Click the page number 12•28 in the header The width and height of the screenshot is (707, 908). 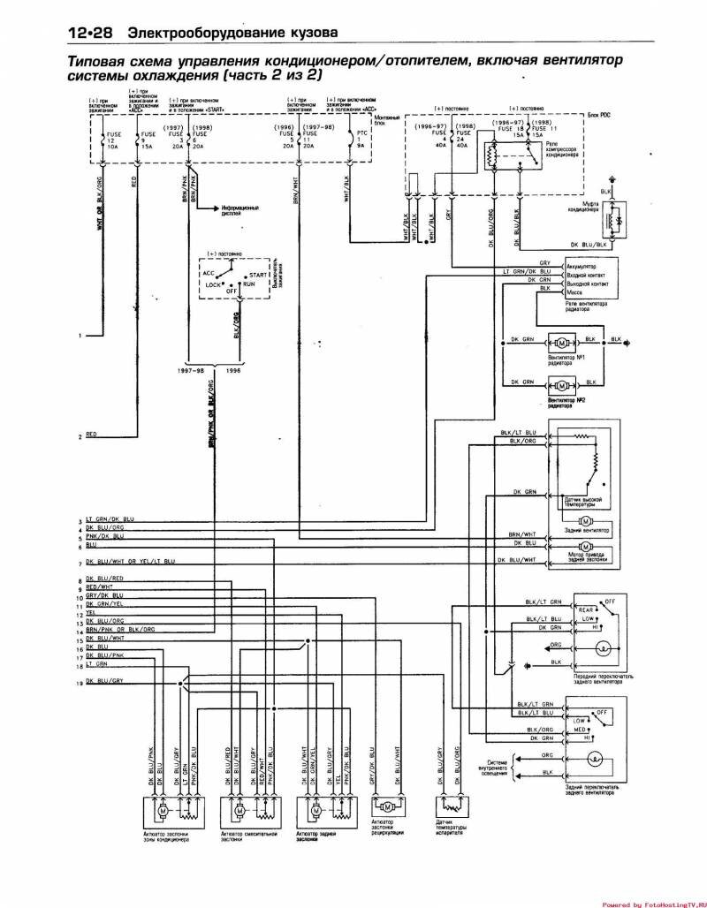[x=90, y=33]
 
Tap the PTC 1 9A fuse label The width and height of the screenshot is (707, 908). [x=360, y=140]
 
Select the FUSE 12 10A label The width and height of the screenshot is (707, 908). [x=110, y=140]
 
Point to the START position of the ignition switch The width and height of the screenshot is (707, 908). [x=258, y=275]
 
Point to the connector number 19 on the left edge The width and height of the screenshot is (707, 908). [x=79, y=684]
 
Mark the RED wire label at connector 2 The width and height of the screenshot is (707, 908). [x=92, y=435]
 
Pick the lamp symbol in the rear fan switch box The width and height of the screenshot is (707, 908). [x=595, y=758]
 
